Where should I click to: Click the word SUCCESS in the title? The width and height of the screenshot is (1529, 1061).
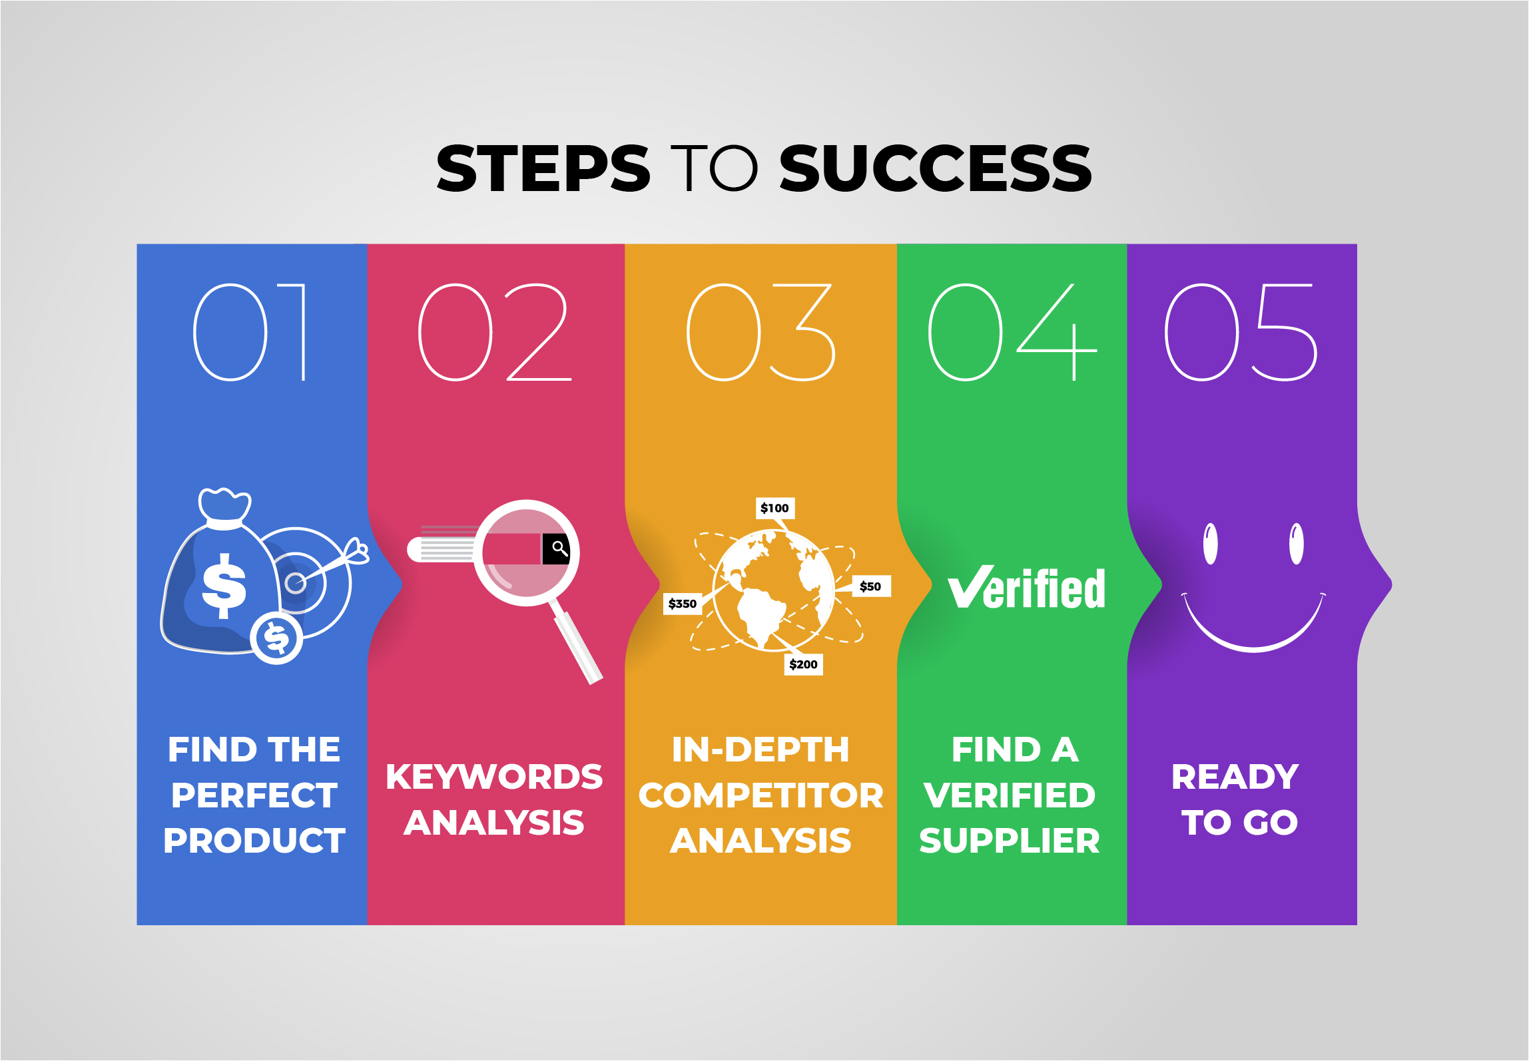pyautogui.click(x=935, y=168)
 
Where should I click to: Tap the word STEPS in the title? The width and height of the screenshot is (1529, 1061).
pyautogui.click(x=543, y=168)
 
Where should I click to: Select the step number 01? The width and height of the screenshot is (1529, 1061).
pyautogui.click(x=250, y=332)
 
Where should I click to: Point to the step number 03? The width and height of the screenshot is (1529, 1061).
pyautogui.click(x=761, y=332)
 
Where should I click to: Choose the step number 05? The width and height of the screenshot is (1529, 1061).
pyautogui.click(x=1241, y=332)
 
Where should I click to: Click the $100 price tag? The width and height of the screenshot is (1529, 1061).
pyautogui.click(x=774, y=508)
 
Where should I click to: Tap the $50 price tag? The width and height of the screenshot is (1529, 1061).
pyautogui.click(x=870, y=586)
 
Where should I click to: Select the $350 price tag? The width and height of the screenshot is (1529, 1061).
pyautogui.click(x=683, y=604)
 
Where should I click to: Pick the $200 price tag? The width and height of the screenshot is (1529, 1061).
pyautogui.click(x=803, y=664)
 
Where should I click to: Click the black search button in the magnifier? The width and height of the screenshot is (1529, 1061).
pyautogui.click(x=557, y=548)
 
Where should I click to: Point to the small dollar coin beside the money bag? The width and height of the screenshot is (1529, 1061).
pyautogui.click(x=277, y=638)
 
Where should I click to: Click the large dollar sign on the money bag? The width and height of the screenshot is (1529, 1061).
pyautogui.click(x=224, y=586)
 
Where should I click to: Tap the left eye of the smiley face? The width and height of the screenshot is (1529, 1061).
pyautogui.click(x=1211, y=544)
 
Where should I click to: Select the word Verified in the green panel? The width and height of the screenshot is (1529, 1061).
pyautogui.click(x=1026, y=588)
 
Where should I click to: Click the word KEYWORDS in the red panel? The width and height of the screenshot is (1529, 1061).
pyautogui.click(x=494, y=777)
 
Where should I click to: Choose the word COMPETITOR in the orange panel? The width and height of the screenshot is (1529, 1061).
pyautogui.click(x=761, y=795)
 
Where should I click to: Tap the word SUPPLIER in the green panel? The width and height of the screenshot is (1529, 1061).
pyautogui.click(x=1010, y=840)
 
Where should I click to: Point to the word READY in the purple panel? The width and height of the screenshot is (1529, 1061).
pyautogui.click(x=1235, y=777)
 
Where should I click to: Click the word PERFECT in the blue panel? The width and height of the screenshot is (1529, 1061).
pyautogui.click(x=254, y=795)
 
